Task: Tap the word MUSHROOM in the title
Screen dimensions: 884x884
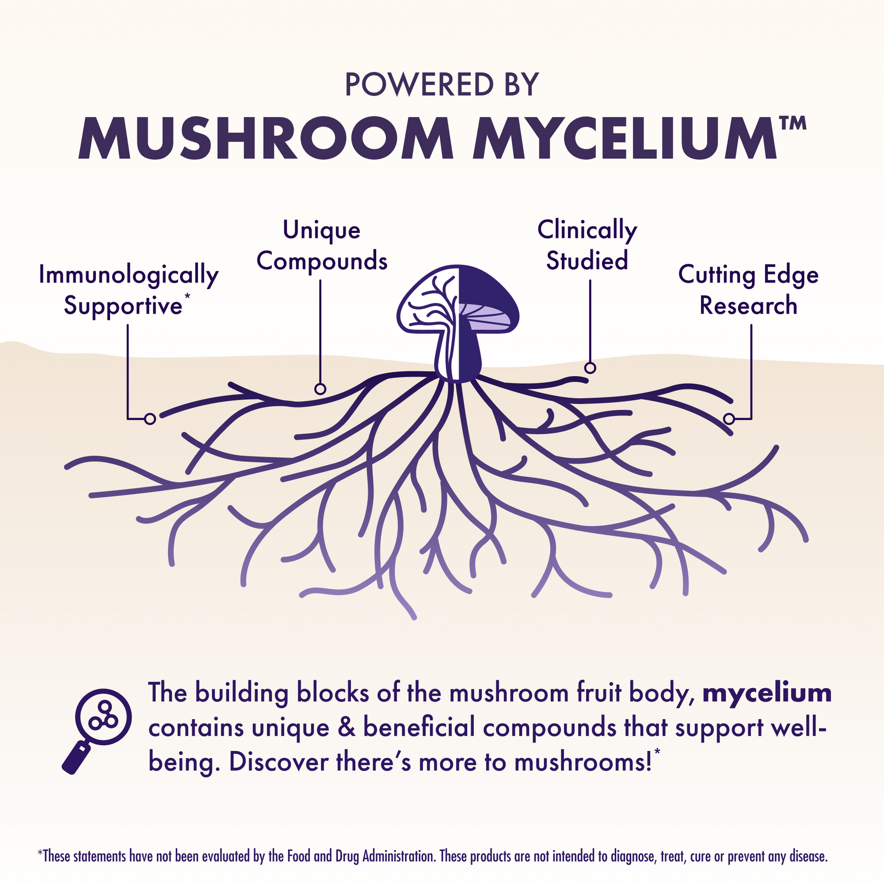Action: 266,138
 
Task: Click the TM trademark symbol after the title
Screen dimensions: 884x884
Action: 792,123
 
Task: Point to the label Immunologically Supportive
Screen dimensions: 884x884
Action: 128,290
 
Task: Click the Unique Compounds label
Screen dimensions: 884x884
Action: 322,245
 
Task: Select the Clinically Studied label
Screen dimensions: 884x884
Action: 587,245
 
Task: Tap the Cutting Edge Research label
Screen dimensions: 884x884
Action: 748,290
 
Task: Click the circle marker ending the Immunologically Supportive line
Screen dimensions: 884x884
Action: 150,419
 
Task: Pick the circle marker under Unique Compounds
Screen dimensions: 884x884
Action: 320,389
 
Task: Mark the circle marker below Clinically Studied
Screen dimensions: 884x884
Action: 590,368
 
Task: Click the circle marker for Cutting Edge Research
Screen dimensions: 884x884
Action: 729,419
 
